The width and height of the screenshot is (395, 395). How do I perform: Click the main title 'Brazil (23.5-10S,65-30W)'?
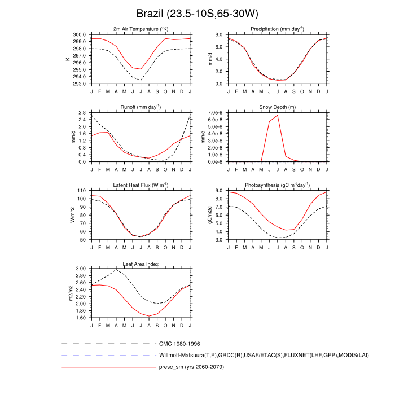coord(197,13)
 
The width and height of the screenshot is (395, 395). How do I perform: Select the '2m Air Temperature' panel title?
coord(141,29)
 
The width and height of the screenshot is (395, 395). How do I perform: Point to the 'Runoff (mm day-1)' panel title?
coord(141,107)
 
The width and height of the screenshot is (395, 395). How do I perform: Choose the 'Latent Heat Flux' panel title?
coord(141,185)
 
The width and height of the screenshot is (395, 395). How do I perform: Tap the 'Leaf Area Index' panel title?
coord(141,264)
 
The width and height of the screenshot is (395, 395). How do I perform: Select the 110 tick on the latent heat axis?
coord(82,191)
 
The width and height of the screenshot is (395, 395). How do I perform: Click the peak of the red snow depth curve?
coord(278,115)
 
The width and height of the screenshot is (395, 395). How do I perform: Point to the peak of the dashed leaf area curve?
coord(116,269)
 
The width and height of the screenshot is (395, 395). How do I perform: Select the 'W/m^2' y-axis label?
coord(72,215)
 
